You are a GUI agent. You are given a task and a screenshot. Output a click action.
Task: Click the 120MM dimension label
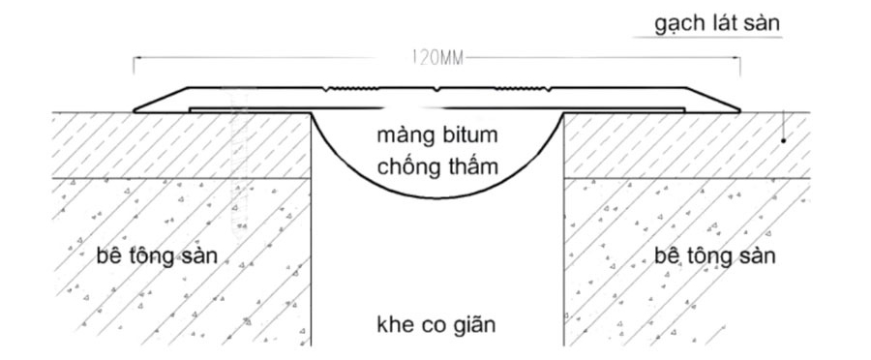point(437,57)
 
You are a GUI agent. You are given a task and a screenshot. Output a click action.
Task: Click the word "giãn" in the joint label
point(473,323)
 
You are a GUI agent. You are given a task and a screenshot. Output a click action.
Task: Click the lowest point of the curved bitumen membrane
point(437,198)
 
